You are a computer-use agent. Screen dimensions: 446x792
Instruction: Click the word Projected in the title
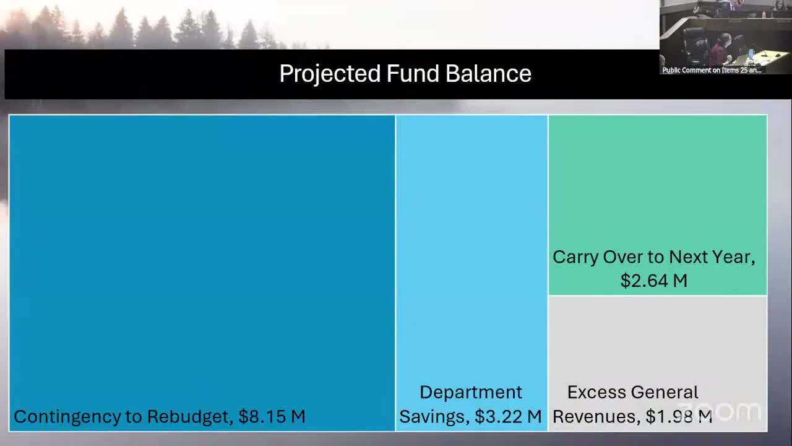click(x=329, y=74)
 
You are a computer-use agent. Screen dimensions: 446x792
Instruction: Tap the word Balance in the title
click(x=488, y=74)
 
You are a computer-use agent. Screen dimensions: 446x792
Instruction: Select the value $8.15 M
click(x=272, y=416)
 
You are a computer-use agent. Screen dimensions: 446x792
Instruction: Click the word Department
click(x=471, y=392)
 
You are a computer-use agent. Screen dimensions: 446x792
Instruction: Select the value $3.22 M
click(x=508, y=416)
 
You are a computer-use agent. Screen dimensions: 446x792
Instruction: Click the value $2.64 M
click(x=654, y=281)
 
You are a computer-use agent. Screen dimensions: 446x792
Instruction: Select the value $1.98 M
click(x=679, y=416)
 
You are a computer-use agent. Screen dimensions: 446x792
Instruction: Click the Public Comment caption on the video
click(x=712, y=70)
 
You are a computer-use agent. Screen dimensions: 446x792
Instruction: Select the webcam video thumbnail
click(x=725, y=34)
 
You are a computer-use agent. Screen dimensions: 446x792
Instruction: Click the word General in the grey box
click(x=665, y=392)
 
